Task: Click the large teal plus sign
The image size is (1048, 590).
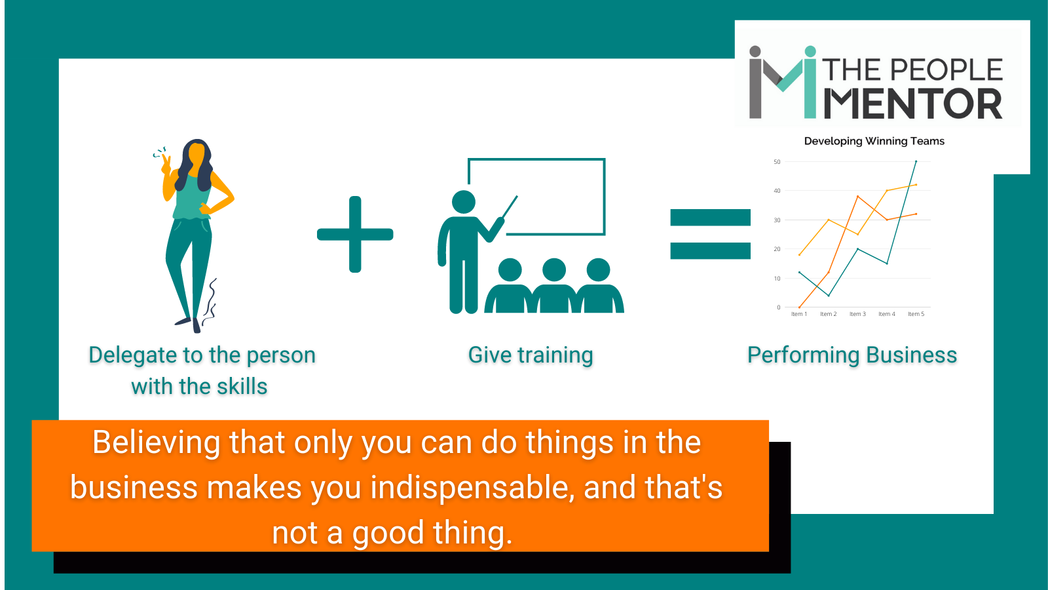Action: pyautogui.click(x=355, y=234)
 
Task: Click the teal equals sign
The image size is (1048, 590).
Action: pyautogui.click(x=710, y=234)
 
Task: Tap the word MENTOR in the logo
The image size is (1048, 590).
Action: pyautogui.click(x=913, y=104)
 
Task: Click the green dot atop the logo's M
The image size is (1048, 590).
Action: pyautogui.click(x=810, y=52)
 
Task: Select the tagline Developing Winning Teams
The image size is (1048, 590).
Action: pyautogui.click(x=874, y=141)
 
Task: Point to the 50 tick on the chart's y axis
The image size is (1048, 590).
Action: pyautogui.click(x=777, y=161)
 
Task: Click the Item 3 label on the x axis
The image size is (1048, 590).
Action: pyautogui.click(x=857, y=314)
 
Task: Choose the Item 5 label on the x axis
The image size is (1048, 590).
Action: pyautogui.click(x=916, y=314)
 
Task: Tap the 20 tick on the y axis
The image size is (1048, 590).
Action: pyautogui.click(x=777, y=249)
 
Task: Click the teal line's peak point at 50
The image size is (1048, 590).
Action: pyautogui.click(x=916, y=161)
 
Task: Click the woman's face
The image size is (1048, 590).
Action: pyautogui.click(x=196, y=155)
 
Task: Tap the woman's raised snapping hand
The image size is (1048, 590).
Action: pyautogui.click(x=166, y=165)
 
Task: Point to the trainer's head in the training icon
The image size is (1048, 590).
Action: pyautogui.click(x=464, y=203)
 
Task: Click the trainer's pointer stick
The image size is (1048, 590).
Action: pyautogui.click(x=510, y=207)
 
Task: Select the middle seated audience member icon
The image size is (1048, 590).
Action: pyautogui.click(x=554, y=286)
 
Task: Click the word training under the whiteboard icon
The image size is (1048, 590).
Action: pyautogui.click(x=555, y=355)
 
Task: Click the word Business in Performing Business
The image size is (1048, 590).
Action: pyautogui.click(x=911, y=355)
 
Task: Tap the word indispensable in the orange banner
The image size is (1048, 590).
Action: pyautogui.click(x=472, y=488)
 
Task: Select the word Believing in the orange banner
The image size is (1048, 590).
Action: pyautogui.click(x=157, y=443)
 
